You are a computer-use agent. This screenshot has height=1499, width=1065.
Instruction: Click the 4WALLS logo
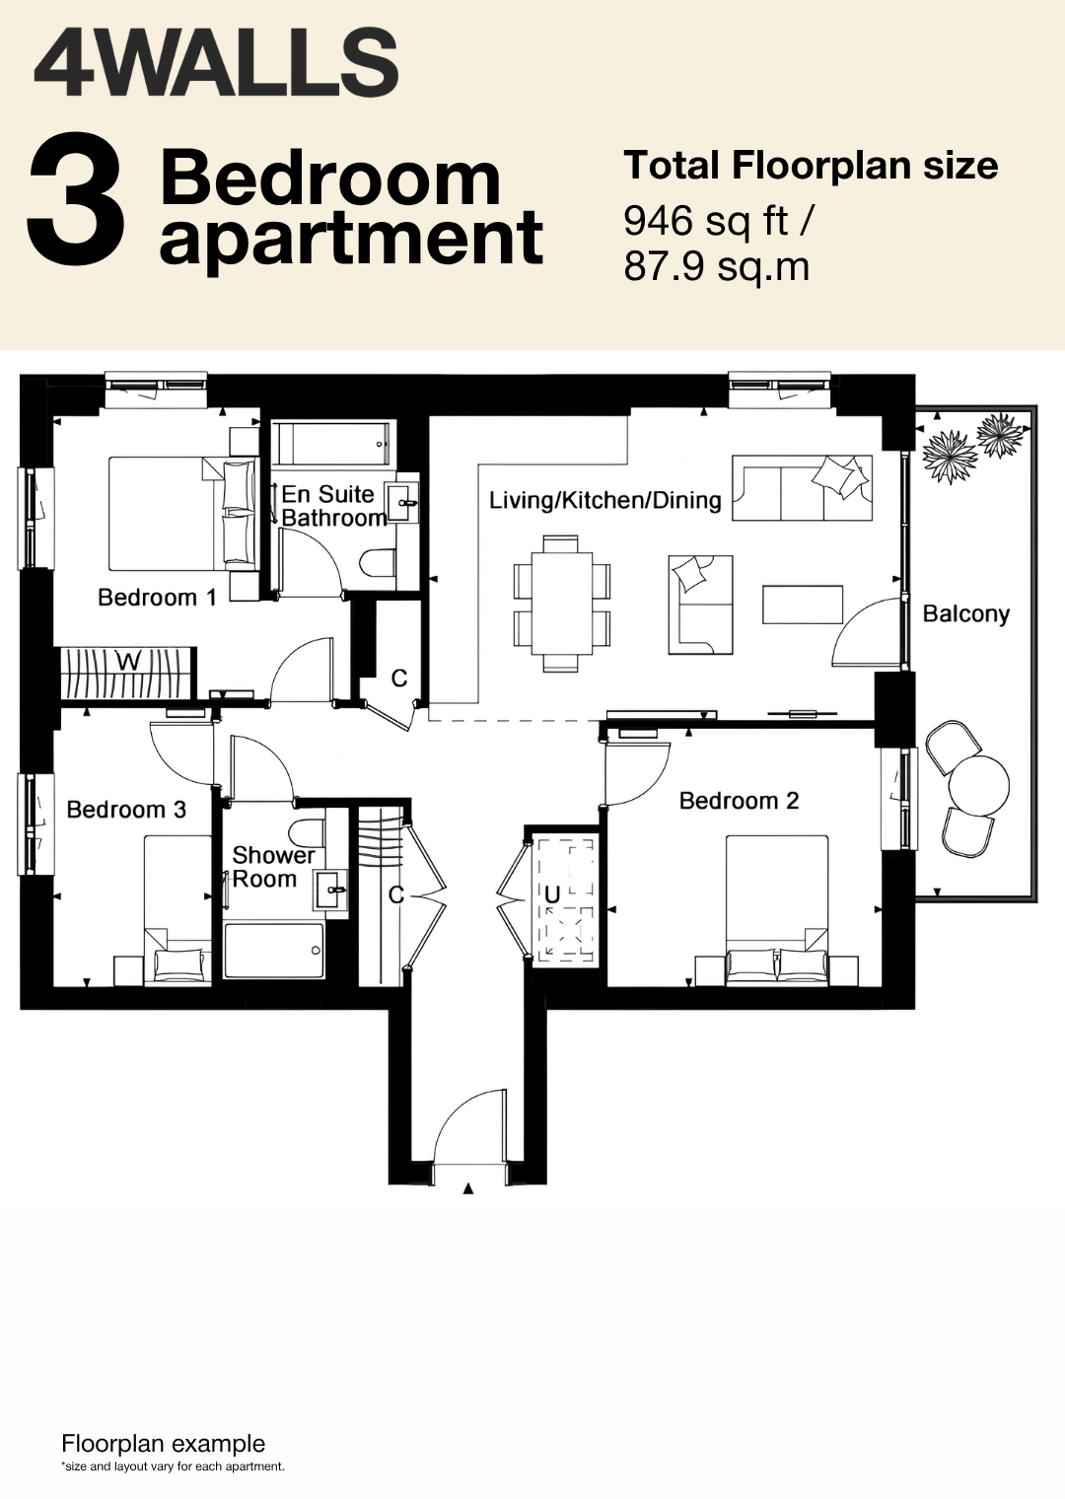(216, 63)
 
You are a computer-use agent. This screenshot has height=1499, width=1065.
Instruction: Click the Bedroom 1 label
(157, 597)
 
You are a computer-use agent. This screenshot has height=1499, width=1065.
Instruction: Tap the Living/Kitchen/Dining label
(605, 501)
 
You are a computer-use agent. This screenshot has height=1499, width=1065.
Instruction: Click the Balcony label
(966, 613)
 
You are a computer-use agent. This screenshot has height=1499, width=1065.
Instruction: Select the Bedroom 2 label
(740, 801)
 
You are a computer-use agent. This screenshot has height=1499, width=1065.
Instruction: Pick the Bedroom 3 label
(126, 809)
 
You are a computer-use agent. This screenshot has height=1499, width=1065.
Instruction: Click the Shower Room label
(273, 867)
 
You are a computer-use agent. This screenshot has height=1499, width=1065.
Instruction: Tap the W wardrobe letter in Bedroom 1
(129, 662)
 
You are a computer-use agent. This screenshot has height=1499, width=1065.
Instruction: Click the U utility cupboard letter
(552, 894)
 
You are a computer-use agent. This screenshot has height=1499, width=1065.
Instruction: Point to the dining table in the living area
(562, 603)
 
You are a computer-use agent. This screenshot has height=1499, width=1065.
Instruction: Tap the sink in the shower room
(331, 890)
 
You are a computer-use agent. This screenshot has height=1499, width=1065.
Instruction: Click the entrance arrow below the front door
(468, 1189)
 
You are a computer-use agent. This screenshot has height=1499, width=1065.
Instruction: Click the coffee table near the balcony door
(803, 605)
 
